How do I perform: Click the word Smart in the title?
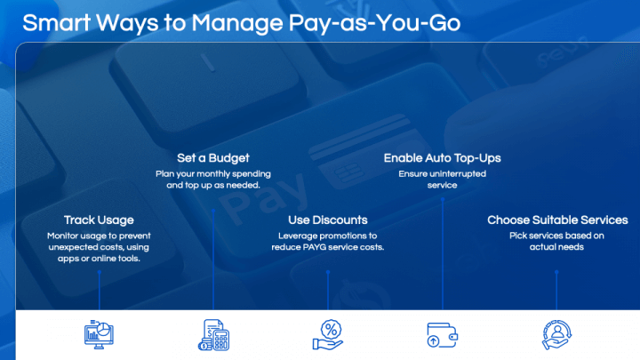(56, 23)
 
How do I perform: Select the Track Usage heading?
(99, 220)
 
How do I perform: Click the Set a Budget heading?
(213, 158)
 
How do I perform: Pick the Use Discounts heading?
(328, 220)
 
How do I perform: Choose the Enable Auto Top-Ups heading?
(442, 158)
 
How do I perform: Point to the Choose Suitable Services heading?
(557, 220)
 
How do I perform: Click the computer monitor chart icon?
(99, 335)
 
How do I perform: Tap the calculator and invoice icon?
(213, 335)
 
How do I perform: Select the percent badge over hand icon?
(328, 335)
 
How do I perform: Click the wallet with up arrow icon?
(442, 335)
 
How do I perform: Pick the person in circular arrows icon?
(556, 335)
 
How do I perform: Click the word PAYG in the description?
(314, 247)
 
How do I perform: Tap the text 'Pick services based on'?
(556, 236)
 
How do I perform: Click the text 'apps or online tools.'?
(99, 259)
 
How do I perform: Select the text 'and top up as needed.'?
(213, 185)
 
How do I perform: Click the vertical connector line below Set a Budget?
(213, 260)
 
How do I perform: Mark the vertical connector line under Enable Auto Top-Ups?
(443, 254)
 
